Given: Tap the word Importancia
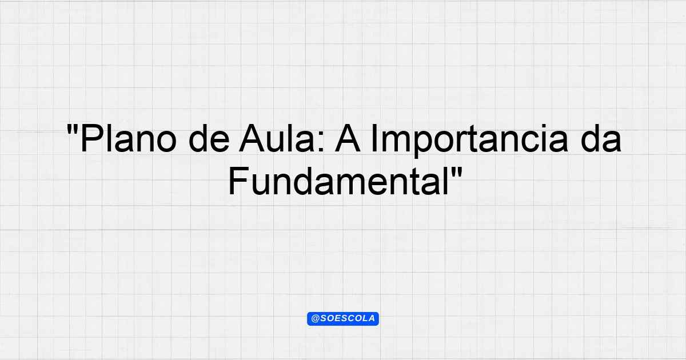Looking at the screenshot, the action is pos(469,141).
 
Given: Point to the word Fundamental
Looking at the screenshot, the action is pos(338,181).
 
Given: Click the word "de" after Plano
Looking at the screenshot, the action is pos(209,138).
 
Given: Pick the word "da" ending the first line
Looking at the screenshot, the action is pos(601,138).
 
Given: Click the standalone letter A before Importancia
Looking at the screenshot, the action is pos(348,138).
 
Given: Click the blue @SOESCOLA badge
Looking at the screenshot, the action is pos(343,319).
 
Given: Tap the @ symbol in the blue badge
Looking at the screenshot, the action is pos(315,319).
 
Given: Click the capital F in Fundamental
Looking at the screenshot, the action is pos(238,181).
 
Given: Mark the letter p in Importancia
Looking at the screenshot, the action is pos(422,145).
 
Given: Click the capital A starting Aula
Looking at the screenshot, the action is pos(252,138).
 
